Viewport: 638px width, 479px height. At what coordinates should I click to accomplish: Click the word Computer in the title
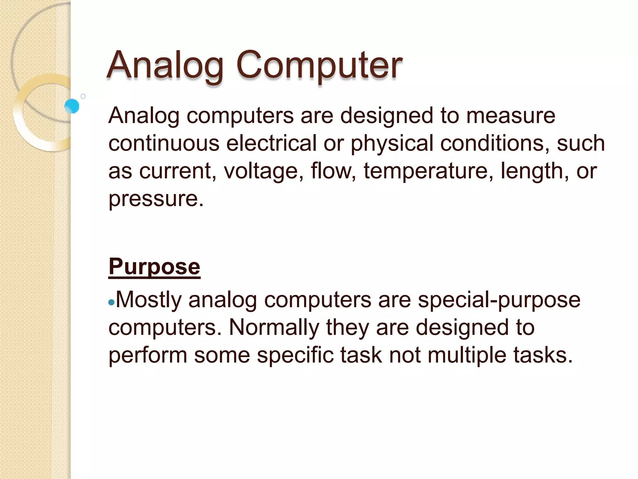319,65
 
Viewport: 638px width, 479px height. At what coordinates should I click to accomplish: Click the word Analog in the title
165,65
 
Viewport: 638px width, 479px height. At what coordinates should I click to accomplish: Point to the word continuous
164,143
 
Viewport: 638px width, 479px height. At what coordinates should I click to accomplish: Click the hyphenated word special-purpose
499,300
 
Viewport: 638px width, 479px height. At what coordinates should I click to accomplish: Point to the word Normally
274,327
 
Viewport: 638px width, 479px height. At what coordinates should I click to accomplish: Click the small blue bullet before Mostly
111,302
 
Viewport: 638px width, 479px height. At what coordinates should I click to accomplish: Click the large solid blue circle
72,106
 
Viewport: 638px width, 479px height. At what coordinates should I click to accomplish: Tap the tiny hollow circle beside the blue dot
83,96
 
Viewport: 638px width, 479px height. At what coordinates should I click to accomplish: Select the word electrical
271,143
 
